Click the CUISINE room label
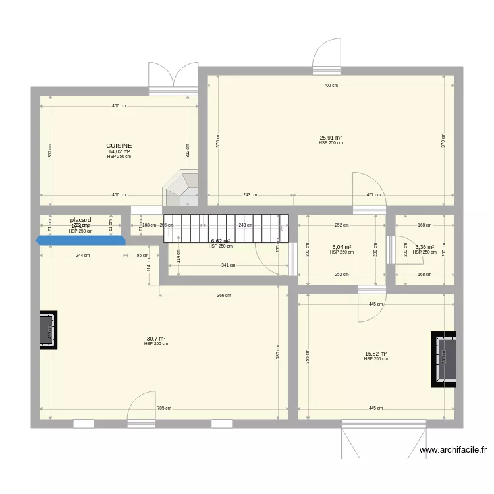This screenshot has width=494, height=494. (x=119, y=146)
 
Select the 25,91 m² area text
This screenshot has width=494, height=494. (x=331, y=138)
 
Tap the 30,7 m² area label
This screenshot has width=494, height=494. (x=155, y=339)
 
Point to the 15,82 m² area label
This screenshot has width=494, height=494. (x=375, y=354)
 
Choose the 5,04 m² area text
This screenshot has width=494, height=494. (x=343, y=247)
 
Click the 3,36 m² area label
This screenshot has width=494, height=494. (x=424, y=247)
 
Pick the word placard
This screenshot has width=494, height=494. (x=80, y=220)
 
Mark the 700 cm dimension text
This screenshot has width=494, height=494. (x=331, y=86)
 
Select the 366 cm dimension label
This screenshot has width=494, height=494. (x=224, y=296)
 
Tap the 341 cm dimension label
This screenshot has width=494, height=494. (x=228, y=265)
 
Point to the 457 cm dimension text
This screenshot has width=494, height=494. (x=373, y=195)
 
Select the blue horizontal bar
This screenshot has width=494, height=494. (x=81, y=240)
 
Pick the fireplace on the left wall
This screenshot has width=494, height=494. (x=48, y=329)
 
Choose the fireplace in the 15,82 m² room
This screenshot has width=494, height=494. (x=444, y=360)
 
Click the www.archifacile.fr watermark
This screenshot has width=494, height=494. (x=453, y=451)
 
